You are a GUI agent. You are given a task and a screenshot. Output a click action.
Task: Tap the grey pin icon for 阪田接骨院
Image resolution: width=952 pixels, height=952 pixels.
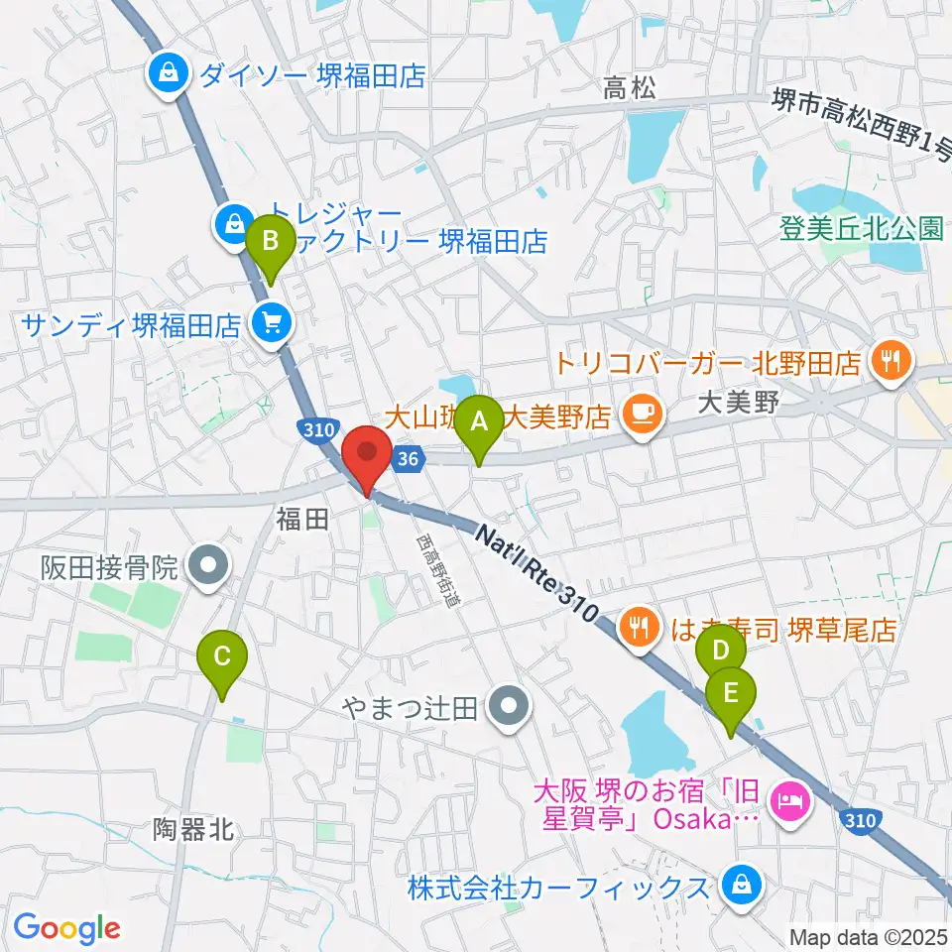coord(209,567)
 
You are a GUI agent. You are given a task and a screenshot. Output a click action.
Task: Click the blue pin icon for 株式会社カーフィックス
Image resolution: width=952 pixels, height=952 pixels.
coord(739,882)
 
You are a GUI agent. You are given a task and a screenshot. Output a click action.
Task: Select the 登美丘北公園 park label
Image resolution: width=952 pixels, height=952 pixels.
coord(859,229)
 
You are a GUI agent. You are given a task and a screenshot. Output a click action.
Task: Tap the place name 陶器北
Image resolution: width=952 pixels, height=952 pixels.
coord(194,828)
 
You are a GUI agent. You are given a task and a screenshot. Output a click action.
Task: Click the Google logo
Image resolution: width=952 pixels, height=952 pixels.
coord(66,928)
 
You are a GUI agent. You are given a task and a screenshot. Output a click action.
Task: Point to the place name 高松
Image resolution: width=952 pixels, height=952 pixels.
coord(630,89)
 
